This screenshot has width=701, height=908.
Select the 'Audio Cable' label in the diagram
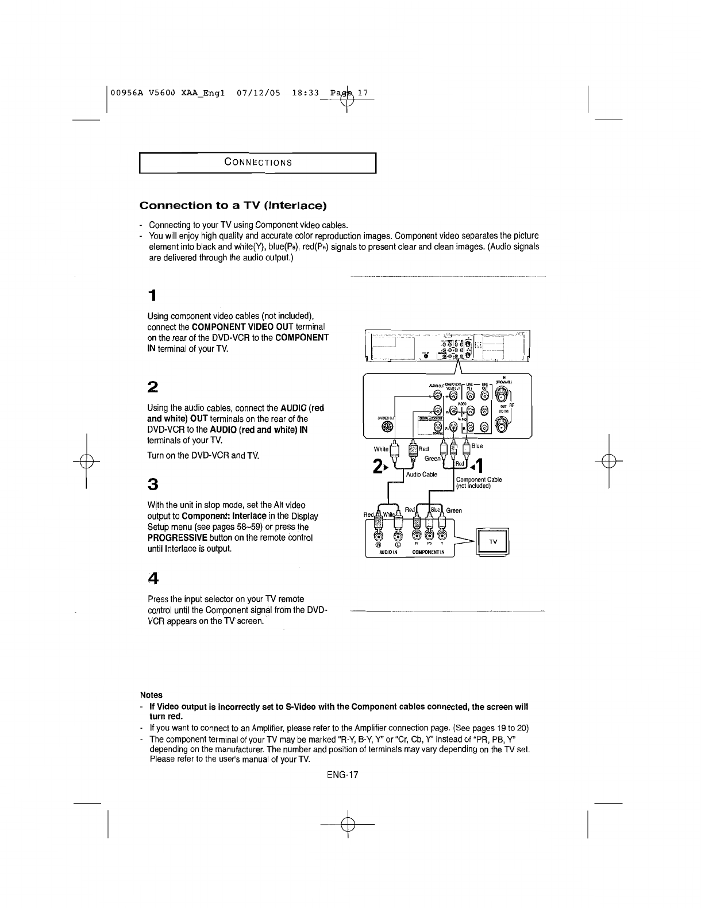tap(422, 475)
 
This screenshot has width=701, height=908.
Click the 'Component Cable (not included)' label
tap(478, 483)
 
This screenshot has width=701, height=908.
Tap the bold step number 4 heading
tap(152, 576)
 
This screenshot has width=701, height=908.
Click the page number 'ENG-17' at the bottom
tap(342, 775)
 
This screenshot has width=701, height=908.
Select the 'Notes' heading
tap(152, 695)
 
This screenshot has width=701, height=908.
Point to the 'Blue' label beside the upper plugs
tap(477, 446)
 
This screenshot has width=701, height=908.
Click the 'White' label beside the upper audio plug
tap(381, 449)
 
